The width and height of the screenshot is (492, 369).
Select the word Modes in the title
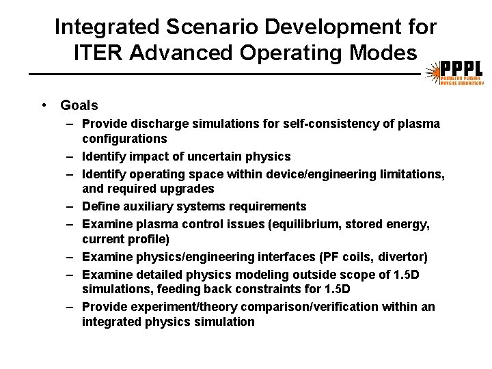pos(386,52)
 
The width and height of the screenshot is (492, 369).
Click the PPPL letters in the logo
pos(461,68)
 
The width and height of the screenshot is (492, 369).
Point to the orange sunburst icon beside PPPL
pos(432,72)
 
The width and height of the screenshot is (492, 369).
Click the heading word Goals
pos(79,105)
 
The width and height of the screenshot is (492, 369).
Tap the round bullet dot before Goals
pos(43,105)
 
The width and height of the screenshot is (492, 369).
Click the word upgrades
pos(184,189)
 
